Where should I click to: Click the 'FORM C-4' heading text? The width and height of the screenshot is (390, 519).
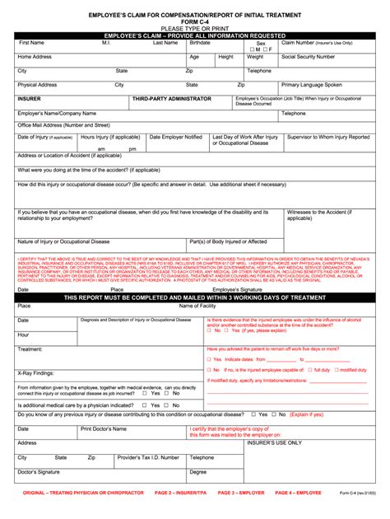pyautogui.click(x=195, y=23)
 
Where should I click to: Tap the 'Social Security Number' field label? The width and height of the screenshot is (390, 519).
pyautogui.click(x=308, y=57)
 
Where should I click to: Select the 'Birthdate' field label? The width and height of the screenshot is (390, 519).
pyautogui.click(x=200, y=42)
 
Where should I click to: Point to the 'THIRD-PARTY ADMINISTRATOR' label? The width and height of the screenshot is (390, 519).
pyautogui.click(x=171, y=98)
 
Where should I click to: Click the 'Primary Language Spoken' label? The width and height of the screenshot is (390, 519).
pyautogui.click(x=312, y=84)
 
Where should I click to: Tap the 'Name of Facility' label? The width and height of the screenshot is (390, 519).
pyautogui.click(x=197, y=306)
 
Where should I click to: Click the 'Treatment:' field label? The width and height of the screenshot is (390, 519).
pyautogui.click(x=30, y=349)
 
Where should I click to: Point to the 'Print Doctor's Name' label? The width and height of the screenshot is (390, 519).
pyautogui.click(x=103, y=428)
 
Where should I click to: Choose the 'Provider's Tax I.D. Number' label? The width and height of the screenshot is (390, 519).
pyautogui.click(x=148, y=457)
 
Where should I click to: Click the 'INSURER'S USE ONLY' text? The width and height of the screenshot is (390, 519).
pyautogui.click(x=309, y=442)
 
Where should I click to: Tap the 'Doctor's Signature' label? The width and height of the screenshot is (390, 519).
pyautogui.click(x=39, y=472)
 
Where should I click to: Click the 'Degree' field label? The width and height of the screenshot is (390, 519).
pyautogui.click(x=198, y=472)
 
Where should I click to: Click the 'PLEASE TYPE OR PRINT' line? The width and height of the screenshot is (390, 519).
pyautogui.click(x=195, y=30)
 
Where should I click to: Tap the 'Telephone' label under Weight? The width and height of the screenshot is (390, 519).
pyautogui.click(x=259, y=71)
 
